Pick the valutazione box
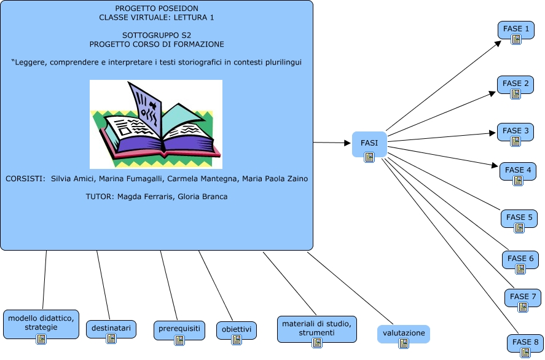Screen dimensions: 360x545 click(x=404, y=334)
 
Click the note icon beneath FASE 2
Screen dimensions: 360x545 click(x=516, y=94)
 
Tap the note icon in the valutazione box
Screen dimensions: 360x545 click(x=404, y=343)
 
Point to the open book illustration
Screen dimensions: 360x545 click(x=156, y=124)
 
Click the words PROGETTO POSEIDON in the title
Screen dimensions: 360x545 click(x=156, y=9)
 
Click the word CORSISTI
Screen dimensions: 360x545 click(x=25, y=179)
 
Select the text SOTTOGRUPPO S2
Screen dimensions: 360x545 click(x=156, y=36)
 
